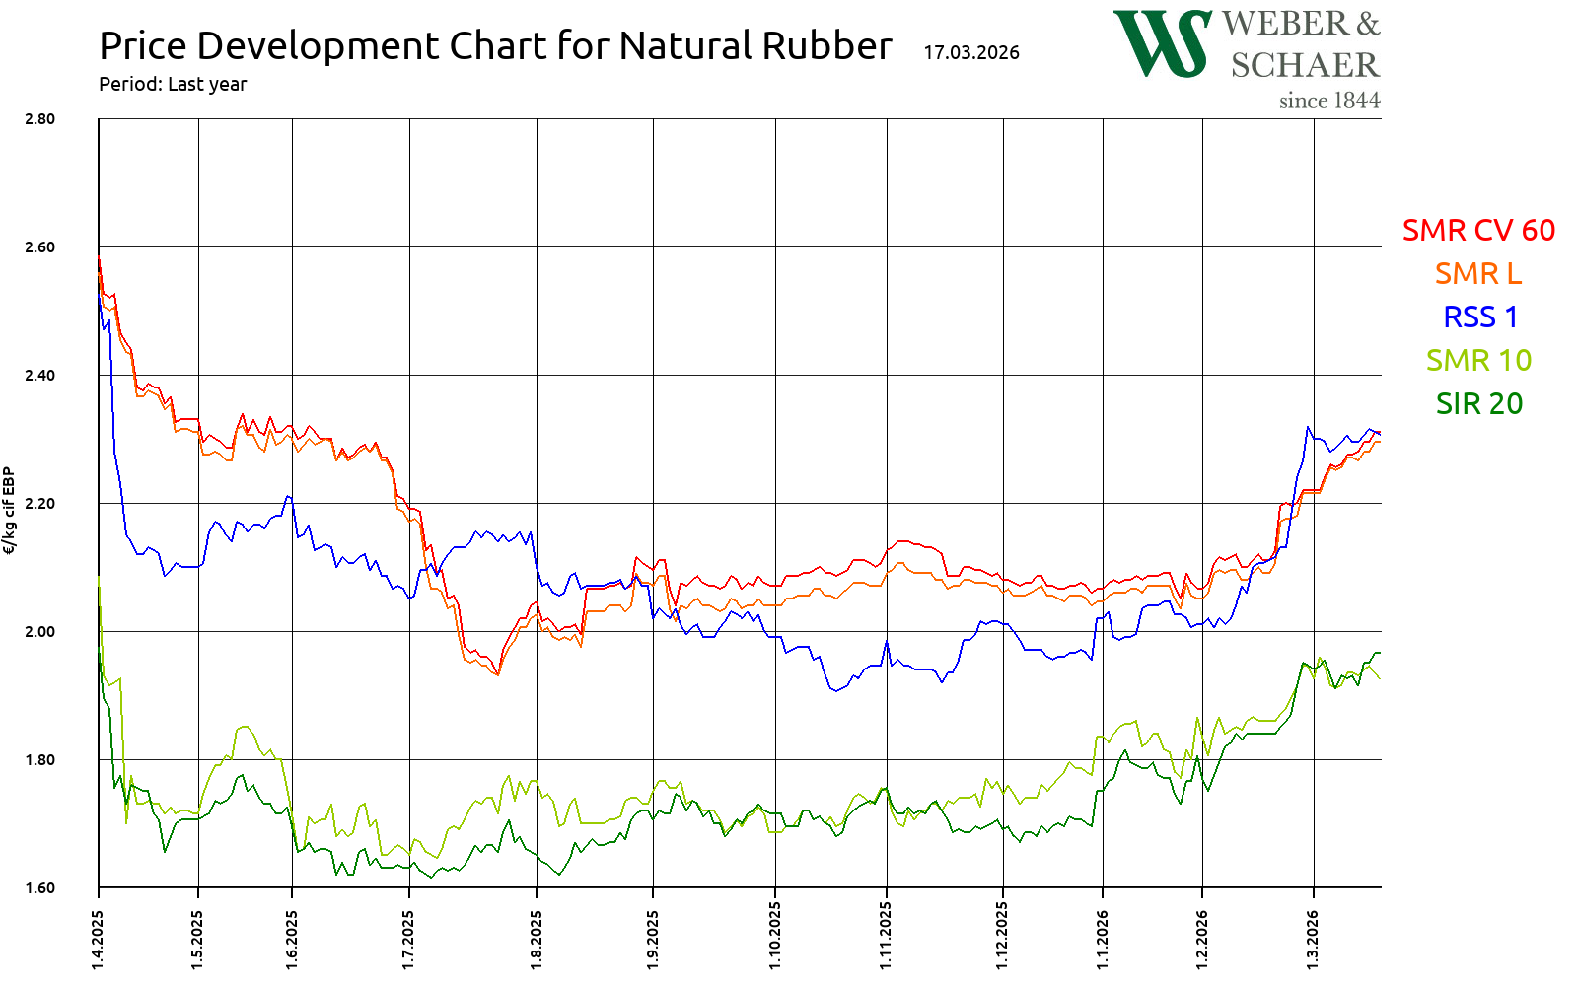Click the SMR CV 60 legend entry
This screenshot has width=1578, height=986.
[1478, 230]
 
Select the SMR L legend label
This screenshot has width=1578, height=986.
[1478, 273]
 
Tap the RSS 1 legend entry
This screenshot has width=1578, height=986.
[1480, 317]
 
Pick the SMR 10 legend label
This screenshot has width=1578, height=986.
[1478, 360]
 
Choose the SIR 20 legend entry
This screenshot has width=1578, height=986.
[1478, 403]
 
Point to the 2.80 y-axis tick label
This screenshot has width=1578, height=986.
[40, 119]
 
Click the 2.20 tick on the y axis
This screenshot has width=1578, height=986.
[40, 504]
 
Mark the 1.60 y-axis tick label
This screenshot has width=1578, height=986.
[40, 888]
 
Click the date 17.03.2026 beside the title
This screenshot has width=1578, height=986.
[971, 52]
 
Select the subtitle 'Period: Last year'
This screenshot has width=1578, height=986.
[173, 84]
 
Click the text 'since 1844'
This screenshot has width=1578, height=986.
[1329, 101]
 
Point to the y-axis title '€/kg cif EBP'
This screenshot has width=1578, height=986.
[10, 511]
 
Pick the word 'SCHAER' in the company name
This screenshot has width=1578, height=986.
[1305, 65]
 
